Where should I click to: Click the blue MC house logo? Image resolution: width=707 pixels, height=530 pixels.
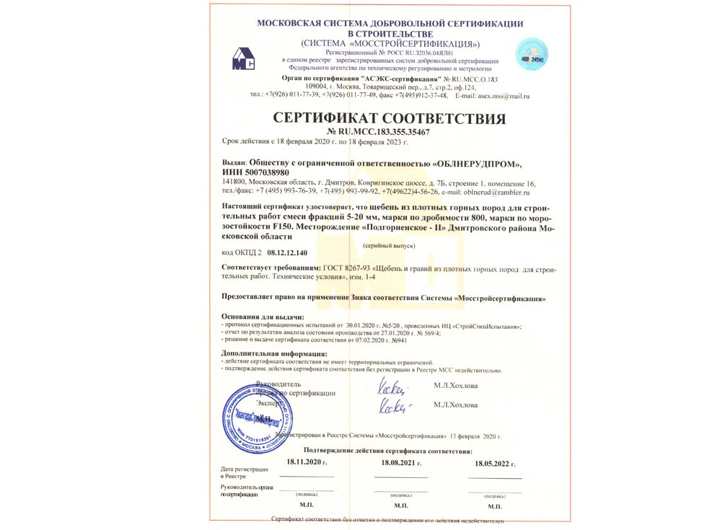tap(243, 58)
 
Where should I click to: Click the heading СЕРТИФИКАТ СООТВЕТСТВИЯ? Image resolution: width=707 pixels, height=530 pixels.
tap(390, 119)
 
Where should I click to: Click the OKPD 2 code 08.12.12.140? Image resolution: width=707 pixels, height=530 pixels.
tap(287, 253)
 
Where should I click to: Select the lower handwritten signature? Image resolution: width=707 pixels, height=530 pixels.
tap(393, 407)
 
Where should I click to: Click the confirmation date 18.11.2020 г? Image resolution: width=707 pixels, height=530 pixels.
tap(307, 461)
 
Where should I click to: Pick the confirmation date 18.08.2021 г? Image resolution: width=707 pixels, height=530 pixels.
tap(401, 462)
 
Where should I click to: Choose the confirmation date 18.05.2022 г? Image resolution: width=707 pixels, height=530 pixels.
tap(495, 463)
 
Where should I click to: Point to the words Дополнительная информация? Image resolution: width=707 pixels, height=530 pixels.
tap(274, 354)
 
